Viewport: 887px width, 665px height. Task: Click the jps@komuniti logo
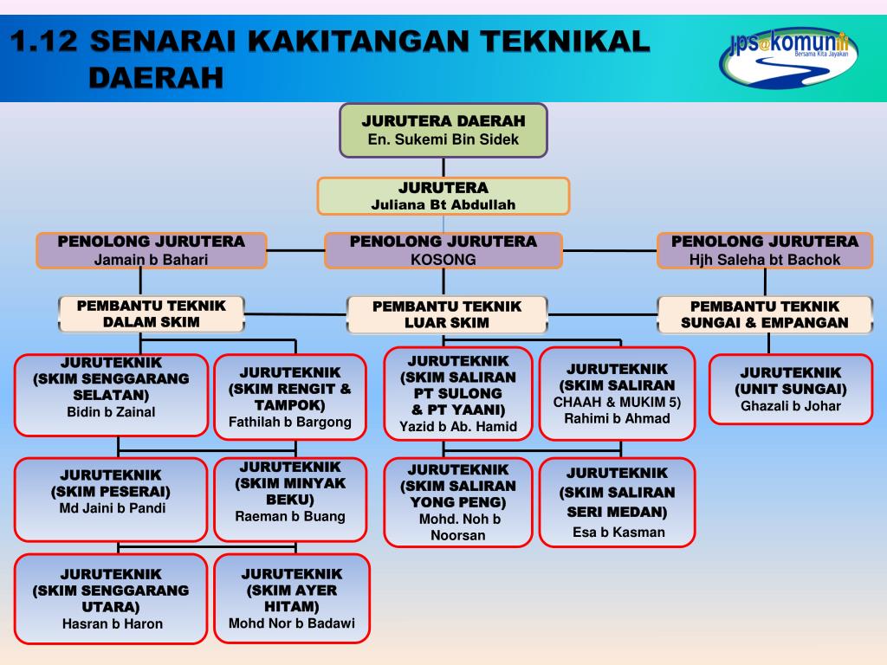[787, 53]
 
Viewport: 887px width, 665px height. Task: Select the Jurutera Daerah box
[443, 130]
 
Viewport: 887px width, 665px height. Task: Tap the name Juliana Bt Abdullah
[443, 205]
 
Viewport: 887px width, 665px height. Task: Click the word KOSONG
[443, 259]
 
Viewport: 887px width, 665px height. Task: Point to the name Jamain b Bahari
[151, 259]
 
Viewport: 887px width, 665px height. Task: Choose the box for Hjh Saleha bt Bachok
[765, 250]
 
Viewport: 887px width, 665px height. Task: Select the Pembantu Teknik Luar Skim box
[447, 314]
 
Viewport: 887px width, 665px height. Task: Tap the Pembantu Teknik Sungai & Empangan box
[764, 314]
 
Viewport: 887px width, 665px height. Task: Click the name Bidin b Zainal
[111, 412]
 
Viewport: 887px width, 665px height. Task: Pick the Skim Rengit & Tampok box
[290, 397]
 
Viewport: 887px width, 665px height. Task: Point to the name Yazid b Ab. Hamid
[457, 426]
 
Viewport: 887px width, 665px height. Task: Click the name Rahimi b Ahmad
[617, 419]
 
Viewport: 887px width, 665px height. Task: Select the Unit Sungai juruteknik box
[790, 389]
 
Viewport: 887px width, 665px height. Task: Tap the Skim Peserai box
[111, 499]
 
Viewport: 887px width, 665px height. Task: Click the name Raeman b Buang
[290, 516]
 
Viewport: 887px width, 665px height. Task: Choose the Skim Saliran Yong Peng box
[457, 502]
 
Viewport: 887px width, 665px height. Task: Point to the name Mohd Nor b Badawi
[292, 623]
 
